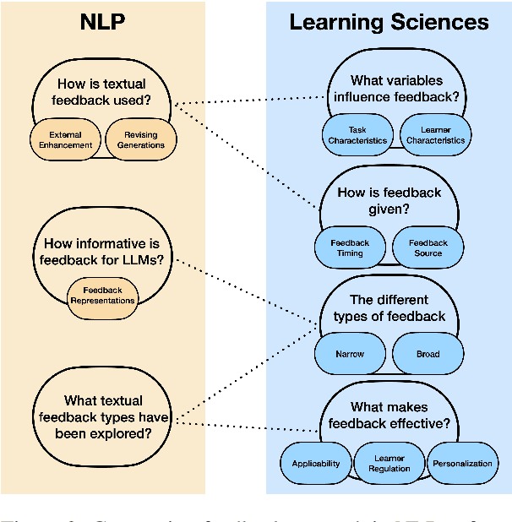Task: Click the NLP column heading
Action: click(x=102, y=21)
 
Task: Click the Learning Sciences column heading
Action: click(x=389, y=21)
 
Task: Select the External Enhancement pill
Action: click(x=66, y=139)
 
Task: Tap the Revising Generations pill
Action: click(x=141, y=139)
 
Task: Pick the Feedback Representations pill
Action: click(x=102, y=295)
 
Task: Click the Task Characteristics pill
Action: click(x=357, y=135)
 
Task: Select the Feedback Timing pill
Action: click(x=350, y=247)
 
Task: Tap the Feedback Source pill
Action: click(x=428, y=247)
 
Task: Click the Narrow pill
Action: click(x=349, y=354)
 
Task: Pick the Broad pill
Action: click(x=428, y=354)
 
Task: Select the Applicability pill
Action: click(x=315, y=464)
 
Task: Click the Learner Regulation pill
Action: click(x=389, y=464)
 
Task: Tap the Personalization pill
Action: click(x=461, y=464)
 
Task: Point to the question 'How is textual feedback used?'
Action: click(x=101, y=92)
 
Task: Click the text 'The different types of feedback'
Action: click(x=389, y=308)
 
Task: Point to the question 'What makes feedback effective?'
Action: click(x=389, y=416)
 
